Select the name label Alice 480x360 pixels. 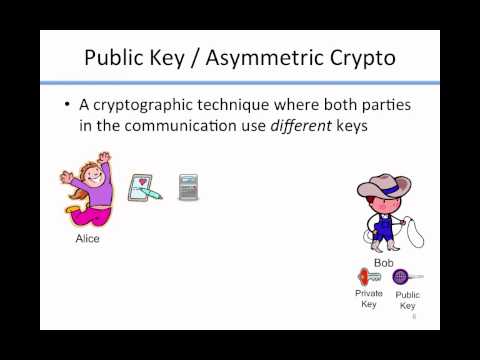[x=88, y=240]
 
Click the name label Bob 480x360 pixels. [x=383, y=263]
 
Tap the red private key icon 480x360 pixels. [x=365, y=276]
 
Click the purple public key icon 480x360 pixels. [x=402, y=277]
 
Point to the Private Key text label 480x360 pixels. [x=368, y=298]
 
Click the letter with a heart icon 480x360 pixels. [x=146, y=188]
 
